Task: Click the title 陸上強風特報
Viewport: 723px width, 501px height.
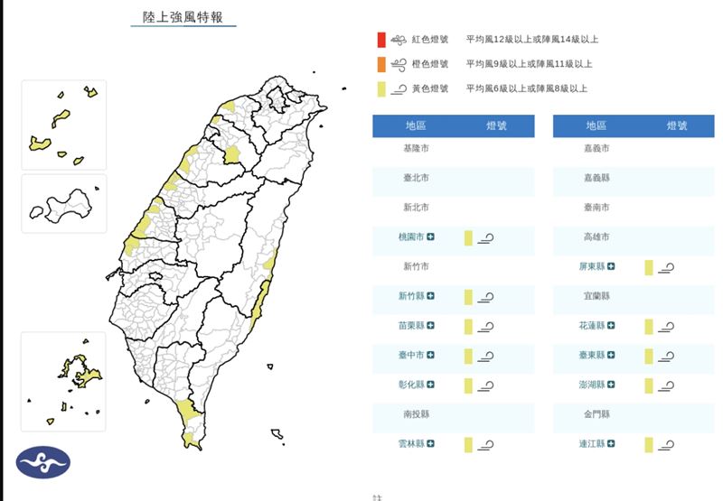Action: tap(183, 17)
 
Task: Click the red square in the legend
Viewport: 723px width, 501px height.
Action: tap(382, 40)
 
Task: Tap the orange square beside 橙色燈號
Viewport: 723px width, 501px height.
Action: tap(382, 64)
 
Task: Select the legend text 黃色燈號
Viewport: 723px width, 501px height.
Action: tap(429, 88)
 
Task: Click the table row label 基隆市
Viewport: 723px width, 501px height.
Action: tap(417, 148)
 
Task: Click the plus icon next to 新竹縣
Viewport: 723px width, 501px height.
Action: tap(431, 296)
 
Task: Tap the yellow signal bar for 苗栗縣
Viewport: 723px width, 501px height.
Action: tap(468, 326)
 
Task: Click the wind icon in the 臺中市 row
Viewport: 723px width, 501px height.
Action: tap(486, 357)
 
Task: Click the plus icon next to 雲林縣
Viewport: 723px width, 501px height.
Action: tap(431, 443)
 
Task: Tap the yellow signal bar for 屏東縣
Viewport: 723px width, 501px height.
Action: tap(649, 267)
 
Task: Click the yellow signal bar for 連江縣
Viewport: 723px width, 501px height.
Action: tap(649, 444)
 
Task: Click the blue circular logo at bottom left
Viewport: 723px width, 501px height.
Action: tap(42, 461)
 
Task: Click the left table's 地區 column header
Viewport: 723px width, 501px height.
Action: tap(417, 125)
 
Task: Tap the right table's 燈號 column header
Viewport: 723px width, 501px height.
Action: tap(676, 125)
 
